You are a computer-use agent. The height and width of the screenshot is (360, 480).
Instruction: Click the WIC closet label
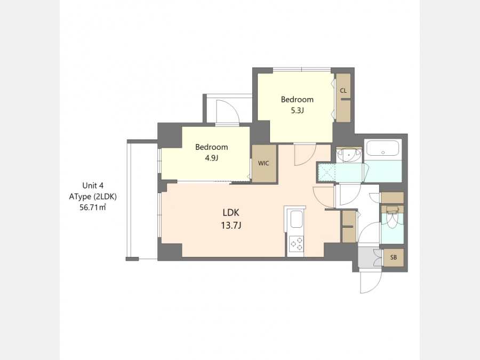(x=263, y=163)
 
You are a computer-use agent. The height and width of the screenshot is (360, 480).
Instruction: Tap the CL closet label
(x=343, y=91)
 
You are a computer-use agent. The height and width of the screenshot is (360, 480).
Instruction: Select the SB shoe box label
(x=394, y=258)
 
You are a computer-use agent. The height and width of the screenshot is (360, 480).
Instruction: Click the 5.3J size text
(x=297, y=110)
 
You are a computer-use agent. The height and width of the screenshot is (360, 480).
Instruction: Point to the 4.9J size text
(x=212, y=158)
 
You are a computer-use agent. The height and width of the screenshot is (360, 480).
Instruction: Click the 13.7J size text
(x=231, y=226)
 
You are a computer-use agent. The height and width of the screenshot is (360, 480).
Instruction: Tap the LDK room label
(x=231, y=212)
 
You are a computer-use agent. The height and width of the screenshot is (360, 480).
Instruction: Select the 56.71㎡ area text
(x=93, y=207)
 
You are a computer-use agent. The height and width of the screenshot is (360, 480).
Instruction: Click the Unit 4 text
(x=93, y=186)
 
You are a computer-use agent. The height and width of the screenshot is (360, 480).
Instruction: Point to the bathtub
(x=382, y=148)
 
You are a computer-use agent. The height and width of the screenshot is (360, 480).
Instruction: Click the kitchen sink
(x=297, y=219)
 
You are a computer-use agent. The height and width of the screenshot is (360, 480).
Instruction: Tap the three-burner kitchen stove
(x=297, y=244)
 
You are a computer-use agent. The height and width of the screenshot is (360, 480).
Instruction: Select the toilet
(x=392, y=218)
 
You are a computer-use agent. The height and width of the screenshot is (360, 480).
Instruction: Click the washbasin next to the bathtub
(x=349, y=155)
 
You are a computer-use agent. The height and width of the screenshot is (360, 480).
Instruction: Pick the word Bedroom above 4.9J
(x=212, y=147)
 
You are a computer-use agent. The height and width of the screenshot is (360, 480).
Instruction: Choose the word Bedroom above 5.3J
(x=297, y=100)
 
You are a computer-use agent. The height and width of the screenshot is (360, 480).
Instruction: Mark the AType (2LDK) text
(x=93, y=196)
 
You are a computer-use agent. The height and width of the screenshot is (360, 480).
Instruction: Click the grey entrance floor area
(x=366, y=258)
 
